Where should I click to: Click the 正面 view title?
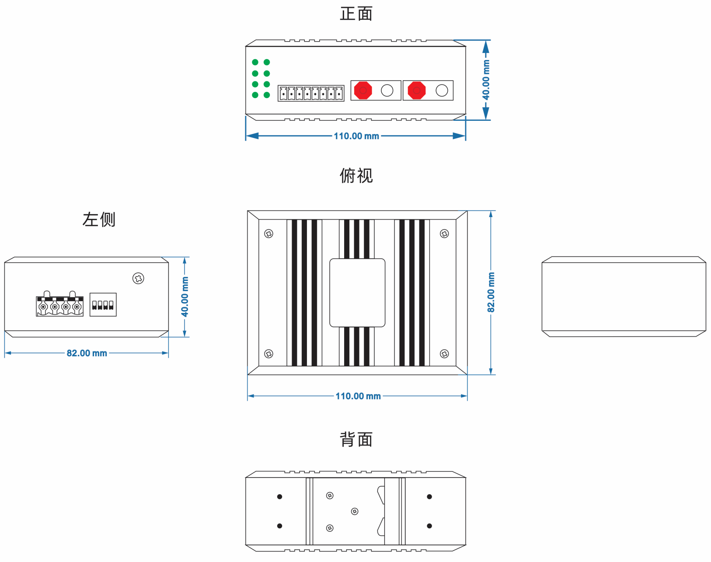tap(356, 14)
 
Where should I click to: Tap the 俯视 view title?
tap(356, 176)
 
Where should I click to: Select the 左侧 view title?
tap(99, 219)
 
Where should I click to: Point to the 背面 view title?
tap(356, 439)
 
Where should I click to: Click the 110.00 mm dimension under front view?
tap(356, 136)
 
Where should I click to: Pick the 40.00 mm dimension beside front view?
tap(486, 80)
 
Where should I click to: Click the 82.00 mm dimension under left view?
tap(87, 353)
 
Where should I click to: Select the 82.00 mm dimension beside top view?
tap(491, 292)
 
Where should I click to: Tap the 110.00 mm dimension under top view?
tap(358, 396)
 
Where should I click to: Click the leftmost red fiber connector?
tap(363, 91)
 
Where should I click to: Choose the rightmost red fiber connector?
tap(417, 91)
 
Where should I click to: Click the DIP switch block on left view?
tap(103, 305)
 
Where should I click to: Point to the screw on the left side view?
tap(138, 278)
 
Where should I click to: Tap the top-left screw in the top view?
tap(269, 234)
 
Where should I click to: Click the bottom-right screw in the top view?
tap(444, 354)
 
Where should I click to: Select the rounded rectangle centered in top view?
tap(357, 293)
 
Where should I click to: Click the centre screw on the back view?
tap(355, 511)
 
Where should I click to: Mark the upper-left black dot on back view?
tap(280, 497)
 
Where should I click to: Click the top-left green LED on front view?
tap(255, 62)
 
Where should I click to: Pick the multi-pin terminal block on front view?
tap(311, 93)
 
